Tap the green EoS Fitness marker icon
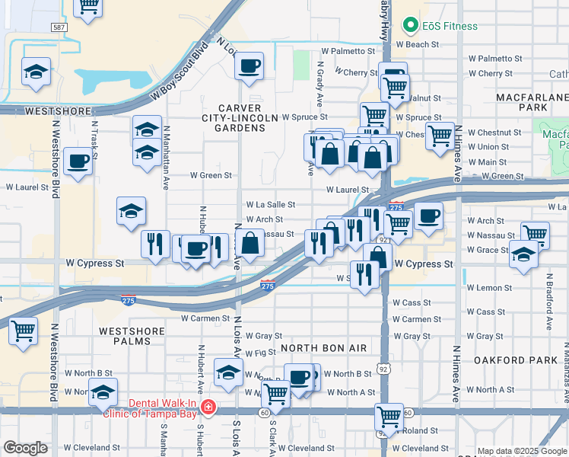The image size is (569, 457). (412, 26)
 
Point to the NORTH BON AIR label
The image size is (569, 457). (324, 348)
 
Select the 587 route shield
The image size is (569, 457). (59, 27)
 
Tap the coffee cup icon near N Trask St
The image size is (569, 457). (78, 162)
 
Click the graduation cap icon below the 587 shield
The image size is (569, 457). (34, 73)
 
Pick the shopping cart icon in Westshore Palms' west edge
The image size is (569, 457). (23, 331)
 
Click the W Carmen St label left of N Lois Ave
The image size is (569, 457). (205, 318)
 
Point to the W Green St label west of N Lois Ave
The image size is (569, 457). (211, 175)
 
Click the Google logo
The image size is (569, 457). (25, 448)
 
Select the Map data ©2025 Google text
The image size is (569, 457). (522, 451)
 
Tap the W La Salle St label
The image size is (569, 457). (271, 205)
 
